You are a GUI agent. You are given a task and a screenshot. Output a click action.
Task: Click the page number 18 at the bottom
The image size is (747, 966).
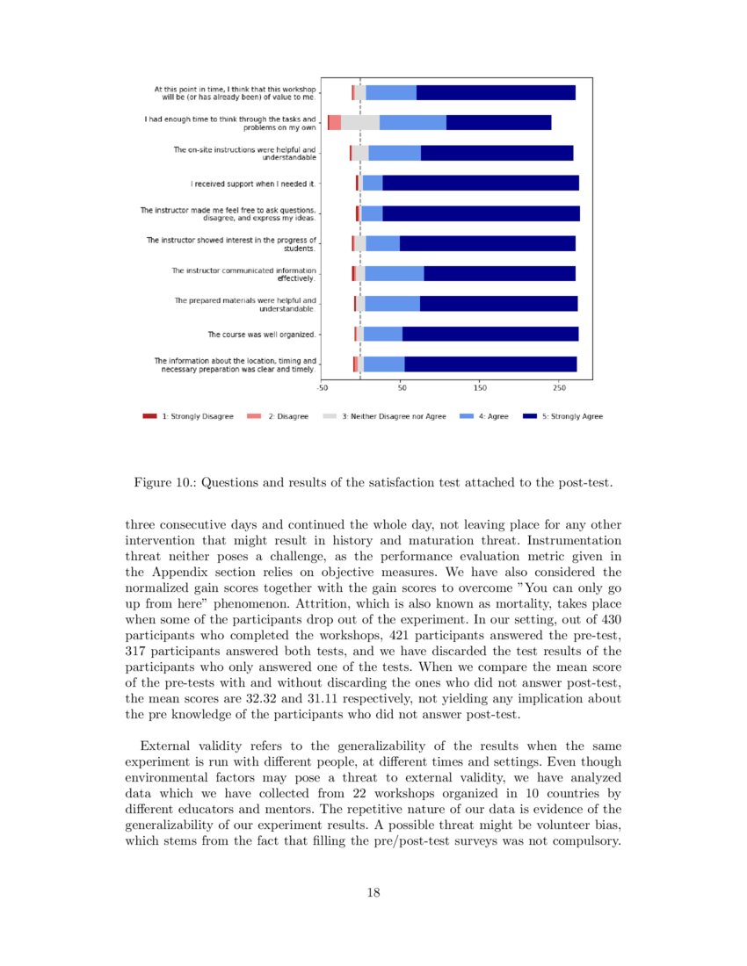(373, 892)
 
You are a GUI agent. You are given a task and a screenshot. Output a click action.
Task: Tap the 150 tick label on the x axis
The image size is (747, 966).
(481, 386)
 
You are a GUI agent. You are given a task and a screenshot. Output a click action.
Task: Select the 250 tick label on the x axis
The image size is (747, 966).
(560, 386)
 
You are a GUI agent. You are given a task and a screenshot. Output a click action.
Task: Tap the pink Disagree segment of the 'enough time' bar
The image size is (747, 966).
(334, 123)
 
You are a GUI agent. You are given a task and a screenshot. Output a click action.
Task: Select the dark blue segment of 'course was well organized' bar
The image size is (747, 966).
(490, 334)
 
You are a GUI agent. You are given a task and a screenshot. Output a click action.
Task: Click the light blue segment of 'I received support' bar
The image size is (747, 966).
(372, 183)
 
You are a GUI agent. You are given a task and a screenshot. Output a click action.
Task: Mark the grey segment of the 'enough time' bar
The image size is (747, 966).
(360, 123)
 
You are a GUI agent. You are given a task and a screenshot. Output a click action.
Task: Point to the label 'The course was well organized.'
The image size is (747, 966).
(262, 335)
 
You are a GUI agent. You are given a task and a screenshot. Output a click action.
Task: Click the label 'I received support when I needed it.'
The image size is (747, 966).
(254, 184)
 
